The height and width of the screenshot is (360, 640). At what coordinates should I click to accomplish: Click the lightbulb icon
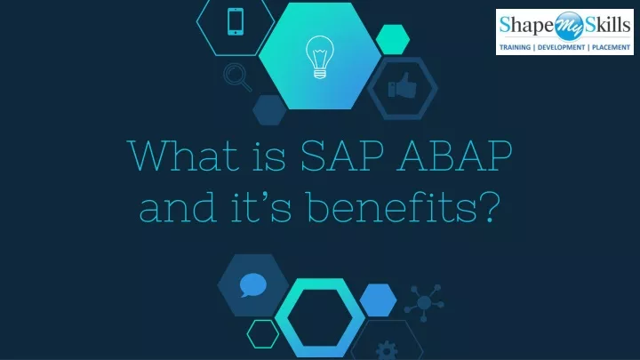pyautogui.click(x=320, y=57)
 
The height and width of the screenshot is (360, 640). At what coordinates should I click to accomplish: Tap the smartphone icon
pyautogui.click(x=236, y=21)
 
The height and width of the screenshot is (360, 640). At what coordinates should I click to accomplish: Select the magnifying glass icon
pyautogui.click(x=237, y=77)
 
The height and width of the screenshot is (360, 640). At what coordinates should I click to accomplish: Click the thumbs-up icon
pyautogui.click(x=402, y=85)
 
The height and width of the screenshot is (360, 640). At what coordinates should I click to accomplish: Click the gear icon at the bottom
pyautogui.click(x=386, y=351)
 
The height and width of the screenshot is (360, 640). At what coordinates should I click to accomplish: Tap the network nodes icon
pyautogui.click(x=424, y=302)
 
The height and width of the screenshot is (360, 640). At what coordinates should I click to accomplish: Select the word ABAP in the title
pyautogui.click(x=454, y=156)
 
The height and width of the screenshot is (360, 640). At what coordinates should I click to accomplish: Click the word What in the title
pyautogui.click(x=183, y=156)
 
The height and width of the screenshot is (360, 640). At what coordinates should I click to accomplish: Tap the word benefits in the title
pyautogui.click(x=391, y=207)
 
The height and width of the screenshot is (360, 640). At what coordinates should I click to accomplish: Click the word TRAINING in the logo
pyautogui.click(x=515, y=47)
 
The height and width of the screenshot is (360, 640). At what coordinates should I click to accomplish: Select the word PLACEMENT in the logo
pyautogui.click(x=611, y=47)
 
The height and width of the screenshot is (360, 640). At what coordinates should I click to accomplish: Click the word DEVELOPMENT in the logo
pyautogui.click(x=561, y=47)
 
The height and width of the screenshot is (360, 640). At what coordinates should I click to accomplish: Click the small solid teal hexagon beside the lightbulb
pyautogui.click(x=393, y=40)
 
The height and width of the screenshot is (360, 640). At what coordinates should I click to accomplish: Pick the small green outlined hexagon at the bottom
pyautogui.click(x=263, y=334)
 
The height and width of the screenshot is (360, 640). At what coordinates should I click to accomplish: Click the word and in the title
pyautogui.click(x=178, y=207)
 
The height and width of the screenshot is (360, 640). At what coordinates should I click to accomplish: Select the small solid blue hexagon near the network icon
pyautogui.click(x=378, y=300)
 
